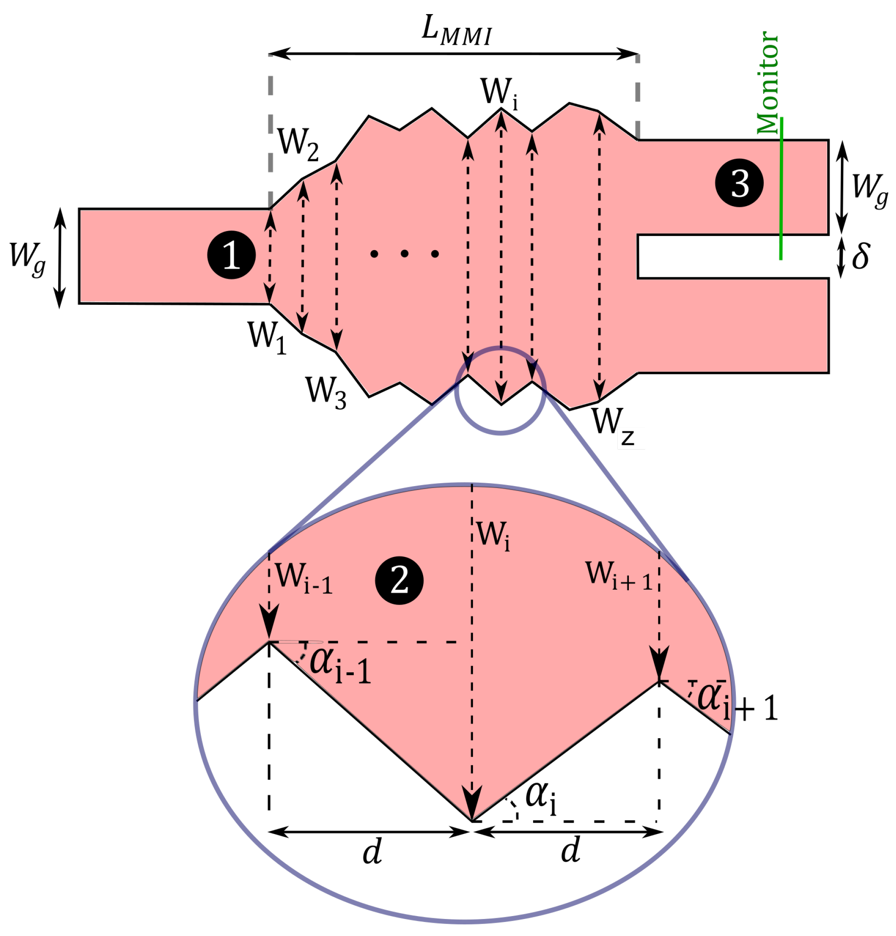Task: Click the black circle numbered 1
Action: (231, 255)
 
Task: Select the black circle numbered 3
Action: (739, 183)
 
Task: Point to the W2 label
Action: (298, 143)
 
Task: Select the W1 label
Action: (266, 337)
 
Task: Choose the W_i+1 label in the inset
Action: (618, 576)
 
